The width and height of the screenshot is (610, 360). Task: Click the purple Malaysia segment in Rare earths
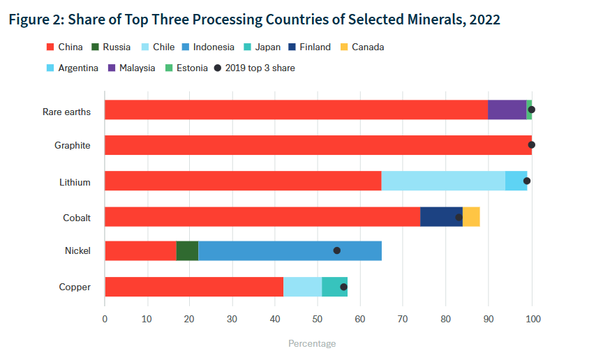[x=507, y=110]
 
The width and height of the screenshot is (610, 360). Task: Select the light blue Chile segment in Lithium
[x=443, y=181]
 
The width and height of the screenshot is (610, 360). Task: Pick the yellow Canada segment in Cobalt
[x=471, y=216]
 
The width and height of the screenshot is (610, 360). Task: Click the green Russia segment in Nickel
[x=187, y=250]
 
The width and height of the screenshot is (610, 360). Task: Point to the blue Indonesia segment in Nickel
[x=290, y=250]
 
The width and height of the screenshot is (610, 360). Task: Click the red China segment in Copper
[x=194, y=287]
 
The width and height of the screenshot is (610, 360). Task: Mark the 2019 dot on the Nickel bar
[x=336, y=250]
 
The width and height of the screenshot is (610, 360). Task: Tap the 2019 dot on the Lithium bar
[x=527, y=181]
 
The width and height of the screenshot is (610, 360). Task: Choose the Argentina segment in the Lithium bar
[x=516, y=181]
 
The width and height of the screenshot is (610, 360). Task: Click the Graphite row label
[x=73, y=146]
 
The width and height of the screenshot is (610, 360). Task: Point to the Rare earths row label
[x=67, y=112]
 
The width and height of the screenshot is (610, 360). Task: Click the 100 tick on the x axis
[x=532, y=319]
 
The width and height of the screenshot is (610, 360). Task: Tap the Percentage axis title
[x=312, y=344]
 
